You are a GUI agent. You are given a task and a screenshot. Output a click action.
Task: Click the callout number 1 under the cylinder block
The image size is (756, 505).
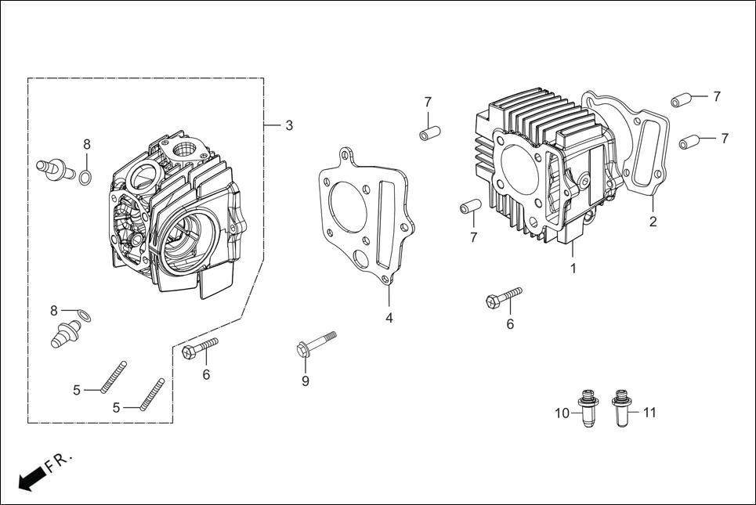[573, 268]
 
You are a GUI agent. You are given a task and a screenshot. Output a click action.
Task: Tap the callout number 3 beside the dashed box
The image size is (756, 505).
[289, 125]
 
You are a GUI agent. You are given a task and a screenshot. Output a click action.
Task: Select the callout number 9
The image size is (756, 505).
[306, 381]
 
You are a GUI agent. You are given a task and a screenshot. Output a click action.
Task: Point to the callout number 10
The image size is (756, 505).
[562, 413]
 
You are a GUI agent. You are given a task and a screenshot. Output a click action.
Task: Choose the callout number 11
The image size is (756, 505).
[649, 412]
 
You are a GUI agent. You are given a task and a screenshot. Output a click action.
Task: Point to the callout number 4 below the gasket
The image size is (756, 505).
[389, 318]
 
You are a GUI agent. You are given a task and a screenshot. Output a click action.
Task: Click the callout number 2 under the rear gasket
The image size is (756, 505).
[653, 222]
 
